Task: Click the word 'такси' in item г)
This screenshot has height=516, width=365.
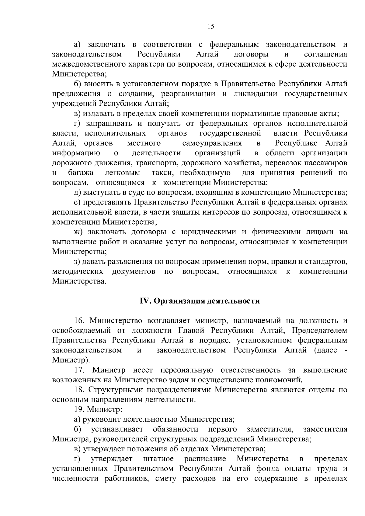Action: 163,173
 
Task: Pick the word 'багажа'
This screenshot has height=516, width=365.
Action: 81,173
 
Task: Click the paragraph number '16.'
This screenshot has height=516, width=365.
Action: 81,321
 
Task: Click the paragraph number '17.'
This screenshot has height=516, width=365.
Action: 81,370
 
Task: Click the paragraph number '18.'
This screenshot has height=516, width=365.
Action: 80,390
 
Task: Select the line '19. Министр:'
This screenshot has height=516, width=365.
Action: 98,409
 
